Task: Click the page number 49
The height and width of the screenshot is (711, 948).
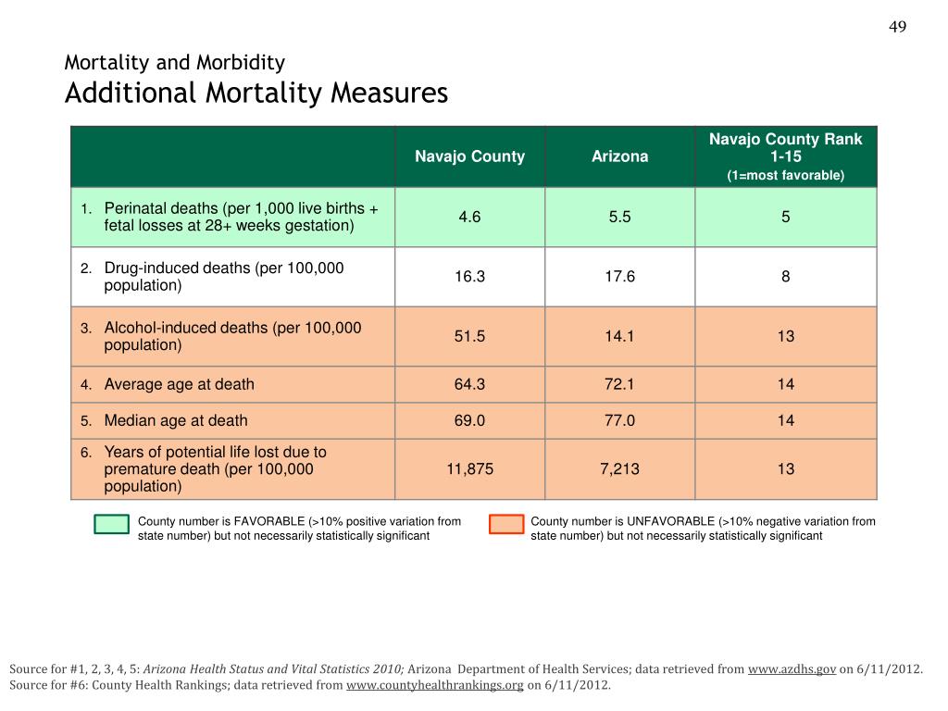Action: tap(897, 27)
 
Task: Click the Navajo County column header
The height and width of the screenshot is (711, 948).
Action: tap(469, 156)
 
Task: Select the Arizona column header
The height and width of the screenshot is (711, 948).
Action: tap(619, 156)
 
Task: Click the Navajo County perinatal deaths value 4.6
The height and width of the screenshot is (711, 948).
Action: tap(469, 217)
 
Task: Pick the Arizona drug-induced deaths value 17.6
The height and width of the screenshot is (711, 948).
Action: tap(619, 276)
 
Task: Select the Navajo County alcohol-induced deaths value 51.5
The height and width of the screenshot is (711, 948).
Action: tap(469, 336)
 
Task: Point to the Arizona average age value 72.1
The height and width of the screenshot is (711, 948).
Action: tap(619, 384)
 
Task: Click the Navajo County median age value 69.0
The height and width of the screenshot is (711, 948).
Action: tap(469, 420)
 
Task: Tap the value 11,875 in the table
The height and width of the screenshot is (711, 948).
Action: tap(469, 468)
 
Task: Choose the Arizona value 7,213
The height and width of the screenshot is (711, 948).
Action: tap(619, 468)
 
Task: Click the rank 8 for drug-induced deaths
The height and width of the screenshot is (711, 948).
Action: tap(785, 276)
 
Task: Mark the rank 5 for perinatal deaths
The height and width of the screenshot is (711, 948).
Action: tap(785, 217)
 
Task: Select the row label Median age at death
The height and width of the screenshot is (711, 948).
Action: tap(176, 420)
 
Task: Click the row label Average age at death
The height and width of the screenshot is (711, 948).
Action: tap(179, 384)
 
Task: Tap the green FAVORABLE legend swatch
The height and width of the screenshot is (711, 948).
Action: tap(111, 524)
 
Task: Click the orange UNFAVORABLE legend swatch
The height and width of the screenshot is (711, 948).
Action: tap(506, 524)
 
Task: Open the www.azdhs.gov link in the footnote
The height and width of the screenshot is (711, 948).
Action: tap(792, 669)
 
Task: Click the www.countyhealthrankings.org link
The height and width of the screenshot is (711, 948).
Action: tap(435, 685)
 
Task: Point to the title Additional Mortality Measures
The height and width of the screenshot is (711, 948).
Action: tap(256, 94)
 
